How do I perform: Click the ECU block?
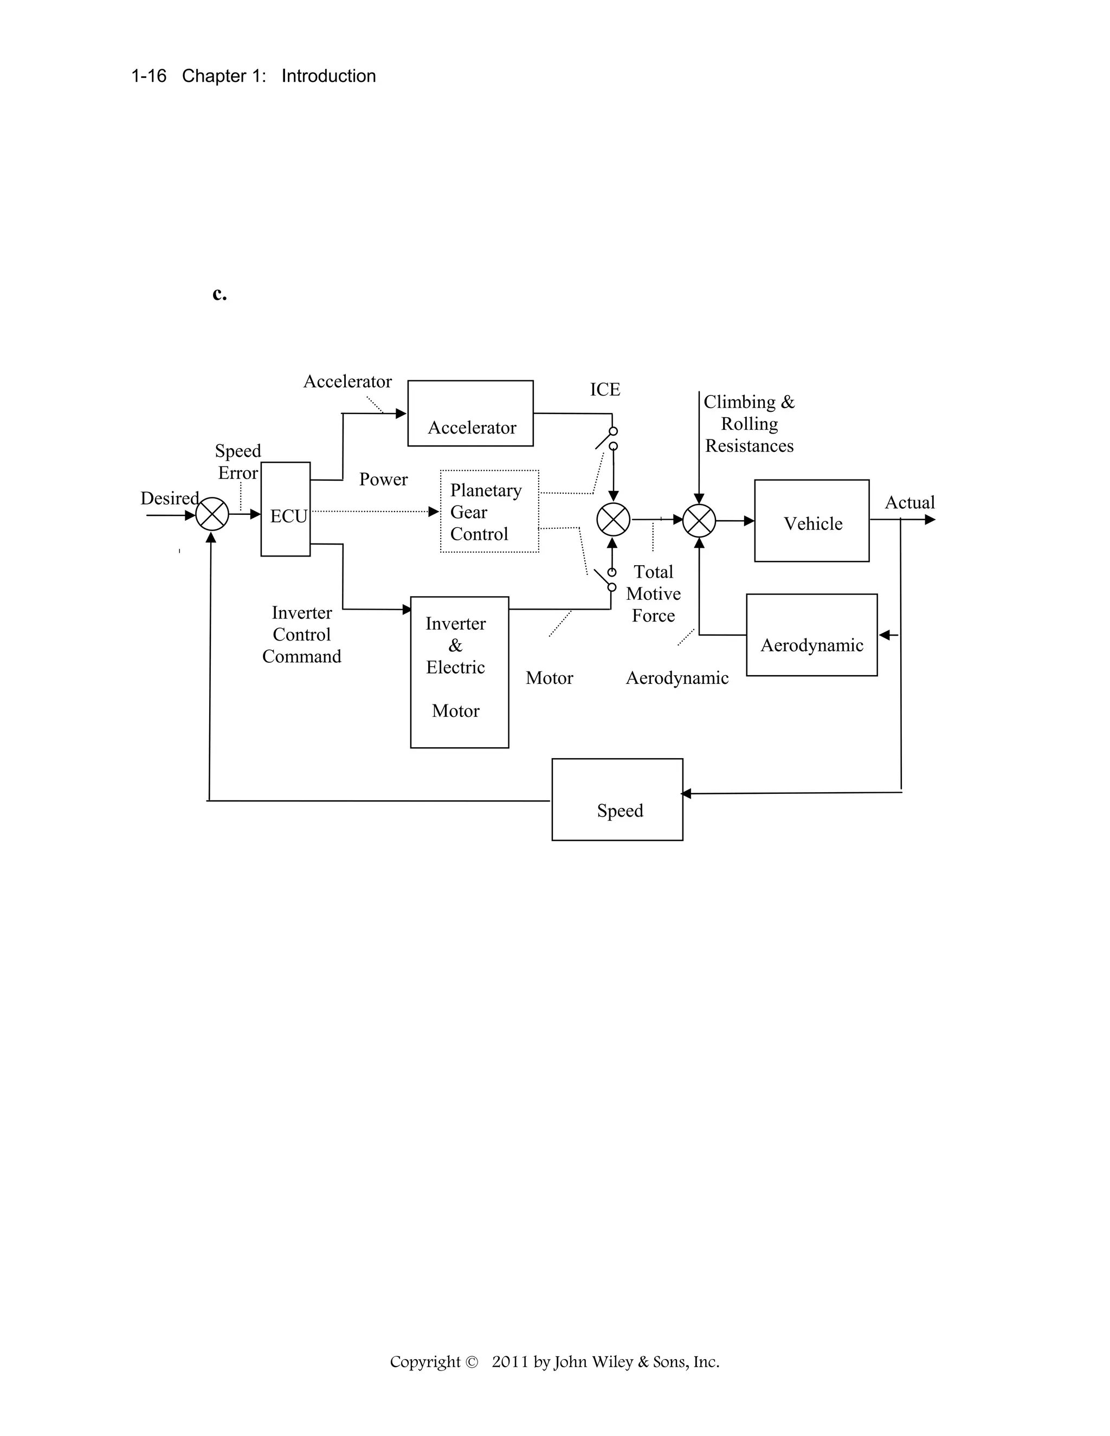click(x=286, y=509)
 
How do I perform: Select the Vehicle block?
click(x=811, y=521)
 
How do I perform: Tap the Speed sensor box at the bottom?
click(x=617, y=799)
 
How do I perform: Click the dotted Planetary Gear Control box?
click(x=489, y=512)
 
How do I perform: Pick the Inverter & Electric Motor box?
click(x=459, y=672)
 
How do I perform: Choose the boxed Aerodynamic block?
click(x=811, y=635)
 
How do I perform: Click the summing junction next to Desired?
click(x=212, y=514)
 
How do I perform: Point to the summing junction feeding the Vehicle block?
click(x=699, y=521)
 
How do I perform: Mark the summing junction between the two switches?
click(x=613, y=520)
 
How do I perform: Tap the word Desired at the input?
click(x=169, y=499)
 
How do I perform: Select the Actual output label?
click(x=909, y=503)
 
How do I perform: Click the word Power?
click(x=383, y=480)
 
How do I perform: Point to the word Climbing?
click(x=740, y=402)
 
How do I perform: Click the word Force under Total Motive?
click(x=653, y=616)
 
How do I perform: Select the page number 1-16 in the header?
click(x=149, y=76)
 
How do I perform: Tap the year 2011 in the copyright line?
click(x=510, y=1362)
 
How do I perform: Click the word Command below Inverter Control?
click(x=302, y=657)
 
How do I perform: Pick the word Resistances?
click(x=749, y=447)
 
